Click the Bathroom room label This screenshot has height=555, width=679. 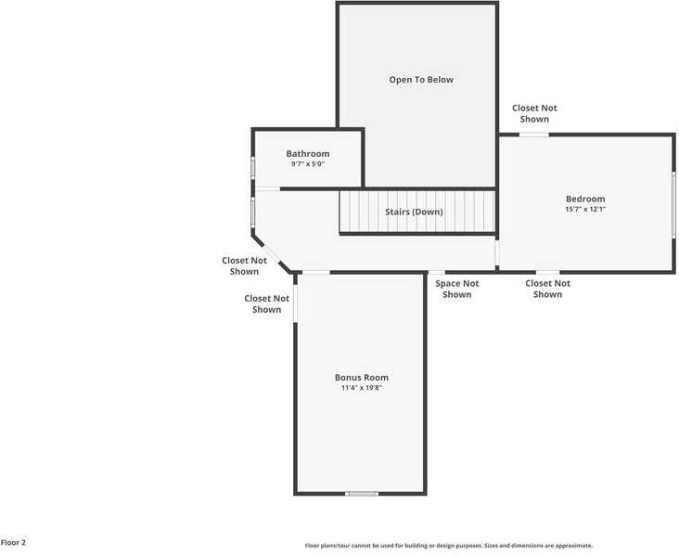(x=307, y=154)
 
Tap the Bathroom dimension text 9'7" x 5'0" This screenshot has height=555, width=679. (x=307, y=164)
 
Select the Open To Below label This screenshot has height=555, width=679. (x=421, y=80)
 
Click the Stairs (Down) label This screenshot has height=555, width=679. (x=414, y=212)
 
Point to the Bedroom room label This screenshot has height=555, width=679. (x=585, y=199)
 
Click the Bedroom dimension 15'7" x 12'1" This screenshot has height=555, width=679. (x=585, y=209)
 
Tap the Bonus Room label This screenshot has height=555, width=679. (x=361, y=378)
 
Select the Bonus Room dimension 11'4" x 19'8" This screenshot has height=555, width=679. (x=361, y=388)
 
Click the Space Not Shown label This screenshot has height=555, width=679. (x=457, y=289)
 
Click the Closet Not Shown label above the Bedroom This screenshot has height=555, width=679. (x=534, y=113)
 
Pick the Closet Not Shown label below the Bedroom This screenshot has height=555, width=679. (x=548, y=289)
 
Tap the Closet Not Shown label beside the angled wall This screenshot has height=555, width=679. (x=244, y=266)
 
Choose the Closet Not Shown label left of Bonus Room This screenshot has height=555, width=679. (x=267, y=303)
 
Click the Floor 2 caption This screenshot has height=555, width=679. (x=13, y=542)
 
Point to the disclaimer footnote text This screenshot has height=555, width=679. (x=449, y=546)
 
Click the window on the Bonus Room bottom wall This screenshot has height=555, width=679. (x=362, y=494)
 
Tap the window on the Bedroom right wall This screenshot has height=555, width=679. (x=673, y=204)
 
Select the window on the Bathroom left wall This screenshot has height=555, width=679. (x=253, y=167)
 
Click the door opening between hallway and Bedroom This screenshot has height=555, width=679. (x=497, y=252)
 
